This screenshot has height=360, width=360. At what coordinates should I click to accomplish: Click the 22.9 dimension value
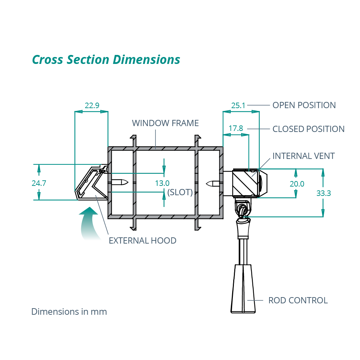[92, 105]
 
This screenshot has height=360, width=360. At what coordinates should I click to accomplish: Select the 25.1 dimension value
[238, 105]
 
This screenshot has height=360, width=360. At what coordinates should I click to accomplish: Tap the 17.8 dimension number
[236, 129]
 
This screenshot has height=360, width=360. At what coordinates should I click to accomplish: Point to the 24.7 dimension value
[39, 183]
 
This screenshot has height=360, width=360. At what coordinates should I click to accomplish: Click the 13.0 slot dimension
[162, 183]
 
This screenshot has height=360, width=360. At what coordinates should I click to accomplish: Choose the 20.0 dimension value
[297, 184]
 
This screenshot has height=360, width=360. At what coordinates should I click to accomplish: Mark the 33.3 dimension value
[324, 193]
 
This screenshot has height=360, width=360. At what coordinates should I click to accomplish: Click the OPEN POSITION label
[304, 105]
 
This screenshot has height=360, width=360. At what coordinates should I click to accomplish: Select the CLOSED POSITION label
[309, 129]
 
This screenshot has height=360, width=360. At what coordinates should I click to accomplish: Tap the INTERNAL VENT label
[303, 156]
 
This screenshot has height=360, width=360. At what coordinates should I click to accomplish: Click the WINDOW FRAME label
[165, 123]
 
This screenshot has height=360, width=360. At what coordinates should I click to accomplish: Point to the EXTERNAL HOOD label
[142, 240]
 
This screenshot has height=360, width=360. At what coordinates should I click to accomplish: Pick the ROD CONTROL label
[298, 300]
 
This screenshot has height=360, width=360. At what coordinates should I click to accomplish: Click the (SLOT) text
[180, 192]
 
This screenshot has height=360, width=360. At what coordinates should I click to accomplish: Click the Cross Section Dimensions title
[106, 59]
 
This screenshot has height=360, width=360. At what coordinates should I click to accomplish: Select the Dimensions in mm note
[69, 312]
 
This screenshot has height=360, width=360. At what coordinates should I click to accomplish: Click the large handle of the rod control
[243, 288]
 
